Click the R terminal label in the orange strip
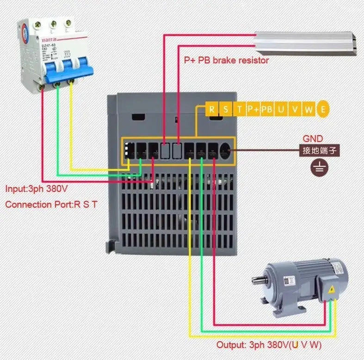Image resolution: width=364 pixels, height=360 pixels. click(x=211, y=110)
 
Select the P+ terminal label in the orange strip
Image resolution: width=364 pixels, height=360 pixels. click(x=253, y=110)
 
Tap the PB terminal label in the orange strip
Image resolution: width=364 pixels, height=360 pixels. click(x=266, y=110)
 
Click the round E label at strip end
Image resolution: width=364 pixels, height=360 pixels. click(x=323, y=109)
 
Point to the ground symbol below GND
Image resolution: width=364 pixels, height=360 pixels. click(x=318, y=167)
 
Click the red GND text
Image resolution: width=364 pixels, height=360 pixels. click(x=313, y=139)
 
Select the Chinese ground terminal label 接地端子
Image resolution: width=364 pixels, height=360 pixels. click(x=318, y=150)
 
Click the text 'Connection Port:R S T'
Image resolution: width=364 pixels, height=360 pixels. click(x=51, y=204)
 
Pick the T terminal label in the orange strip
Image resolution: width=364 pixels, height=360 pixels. click(x=239, y=110)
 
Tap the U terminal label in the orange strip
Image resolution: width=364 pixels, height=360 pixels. click(x=281, y=110)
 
